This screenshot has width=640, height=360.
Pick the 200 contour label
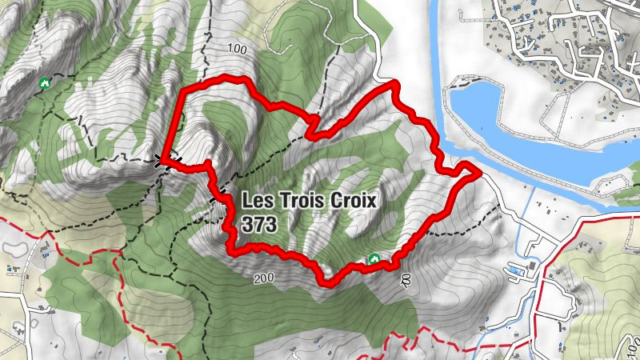[264, 279]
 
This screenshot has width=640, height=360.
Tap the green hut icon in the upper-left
[45, 82]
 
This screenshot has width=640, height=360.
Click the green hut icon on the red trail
[373, 258]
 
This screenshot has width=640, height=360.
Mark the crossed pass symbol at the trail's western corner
[162, 159]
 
